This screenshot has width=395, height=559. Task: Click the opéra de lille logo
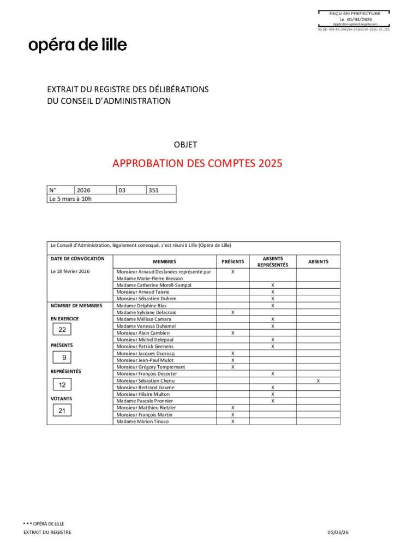77,45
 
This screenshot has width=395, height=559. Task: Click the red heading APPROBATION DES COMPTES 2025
197,163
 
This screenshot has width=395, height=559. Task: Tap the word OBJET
185,145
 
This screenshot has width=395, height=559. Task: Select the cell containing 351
161,190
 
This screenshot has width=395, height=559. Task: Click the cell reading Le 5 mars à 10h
71,199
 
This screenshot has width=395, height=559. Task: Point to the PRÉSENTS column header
232,261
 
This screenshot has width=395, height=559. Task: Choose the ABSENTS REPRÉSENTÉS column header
272,261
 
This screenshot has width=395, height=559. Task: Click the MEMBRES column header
164,261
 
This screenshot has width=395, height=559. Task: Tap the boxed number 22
62,330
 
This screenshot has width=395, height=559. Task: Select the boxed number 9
64,358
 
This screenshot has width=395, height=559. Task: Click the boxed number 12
62,385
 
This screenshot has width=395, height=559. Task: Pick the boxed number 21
62,411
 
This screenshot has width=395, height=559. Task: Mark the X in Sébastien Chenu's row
318,380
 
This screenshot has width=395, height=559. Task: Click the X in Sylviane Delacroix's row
232,312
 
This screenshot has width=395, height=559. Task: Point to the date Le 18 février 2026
70,271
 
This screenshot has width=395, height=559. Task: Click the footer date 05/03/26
337,532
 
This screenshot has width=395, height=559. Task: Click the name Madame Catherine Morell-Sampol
154,285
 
